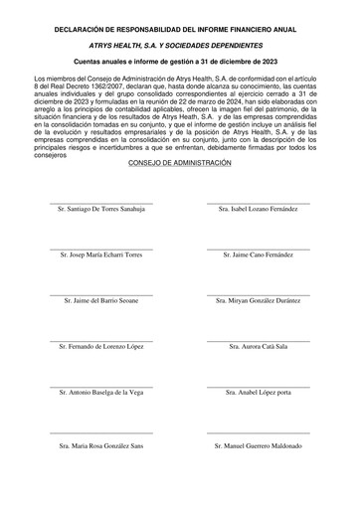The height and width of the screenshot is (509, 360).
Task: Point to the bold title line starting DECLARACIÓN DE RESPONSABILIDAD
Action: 180,31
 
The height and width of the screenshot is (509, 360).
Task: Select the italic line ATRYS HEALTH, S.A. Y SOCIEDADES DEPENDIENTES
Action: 180,46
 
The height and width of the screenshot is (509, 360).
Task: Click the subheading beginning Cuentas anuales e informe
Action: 180,62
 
